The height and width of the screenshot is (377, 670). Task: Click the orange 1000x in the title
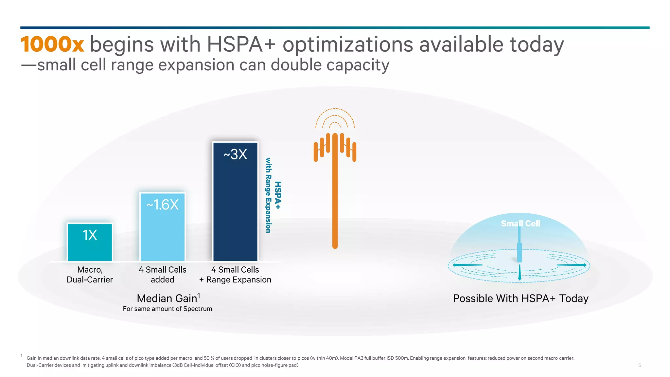pyautogui.click(x=52, y=45)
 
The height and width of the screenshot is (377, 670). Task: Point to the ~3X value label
pyautogui.click(x=235, y=154)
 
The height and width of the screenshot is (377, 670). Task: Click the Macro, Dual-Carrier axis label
pyautogui.click(x=90, y=275)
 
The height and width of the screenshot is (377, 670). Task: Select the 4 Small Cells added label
pyautogui.click(x=162, y=275)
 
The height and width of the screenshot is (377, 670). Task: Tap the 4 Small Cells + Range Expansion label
pyautogui.click(x=235, y=275)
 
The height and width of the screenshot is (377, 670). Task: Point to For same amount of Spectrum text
pyautogui.click(x=167, y=309)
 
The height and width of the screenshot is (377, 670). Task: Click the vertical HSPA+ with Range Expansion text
pyautogui.click(x=273, y=195)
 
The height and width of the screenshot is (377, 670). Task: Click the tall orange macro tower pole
pyautogui.click(x=335, y=203)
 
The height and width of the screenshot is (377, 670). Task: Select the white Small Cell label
pyautogui.click(x=520, y=224)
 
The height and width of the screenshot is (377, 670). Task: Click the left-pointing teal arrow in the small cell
pyautogui.click(x=467, y=265)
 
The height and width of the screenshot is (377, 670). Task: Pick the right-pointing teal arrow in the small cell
pyautogui.click(x=572, y=265)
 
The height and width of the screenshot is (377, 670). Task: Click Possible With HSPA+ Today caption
pyautogui.click(x=520, y=298)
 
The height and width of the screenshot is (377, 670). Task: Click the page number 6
pyautogui.click(x=640, y=365)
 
